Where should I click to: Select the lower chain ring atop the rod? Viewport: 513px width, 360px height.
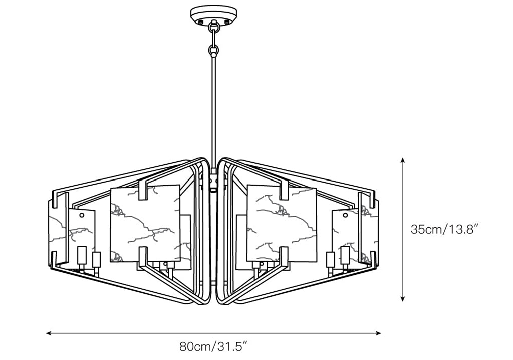click(213, 50)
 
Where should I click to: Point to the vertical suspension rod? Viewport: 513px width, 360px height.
click(213, 111)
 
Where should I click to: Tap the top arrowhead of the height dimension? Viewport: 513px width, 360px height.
click(403, 160)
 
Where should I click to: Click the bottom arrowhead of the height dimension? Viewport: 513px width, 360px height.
click(403, 298)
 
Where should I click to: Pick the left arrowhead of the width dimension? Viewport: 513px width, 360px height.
click(49, 333)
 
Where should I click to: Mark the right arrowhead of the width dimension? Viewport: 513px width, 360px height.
click(378, 333)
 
